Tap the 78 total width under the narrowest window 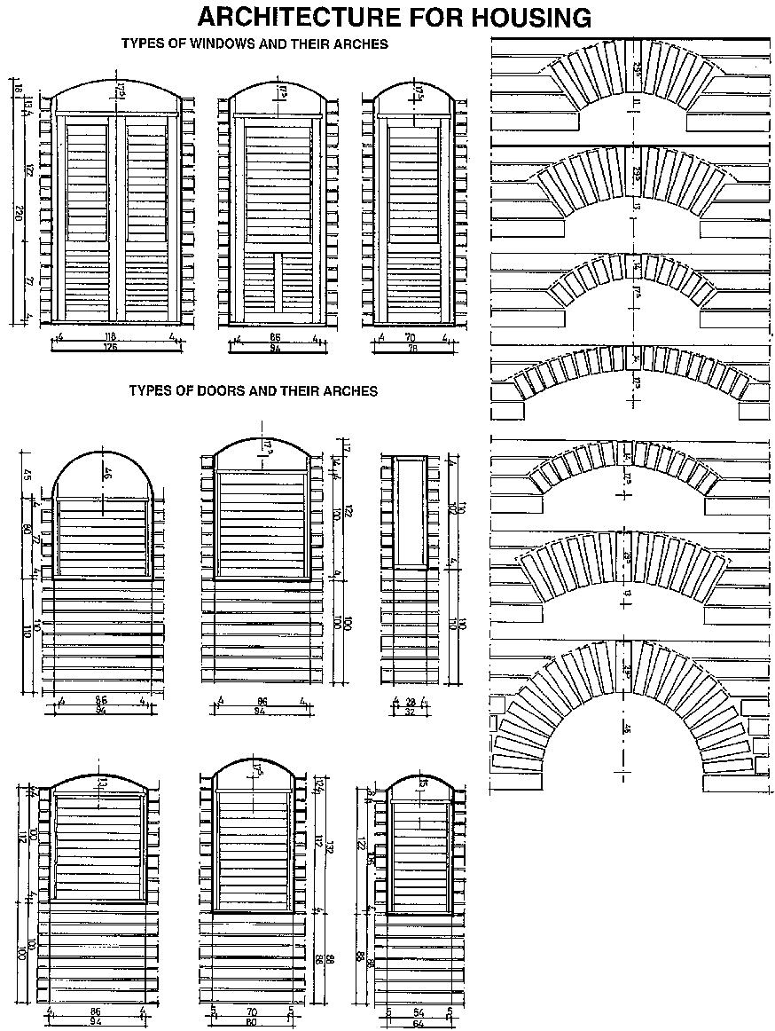[412, 348]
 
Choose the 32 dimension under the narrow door [410, 711]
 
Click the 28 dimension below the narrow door [410, 701]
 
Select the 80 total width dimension [251, 1020]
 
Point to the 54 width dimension [419, 1010]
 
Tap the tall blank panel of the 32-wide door [411, 513]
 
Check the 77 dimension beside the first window [28, 281]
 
